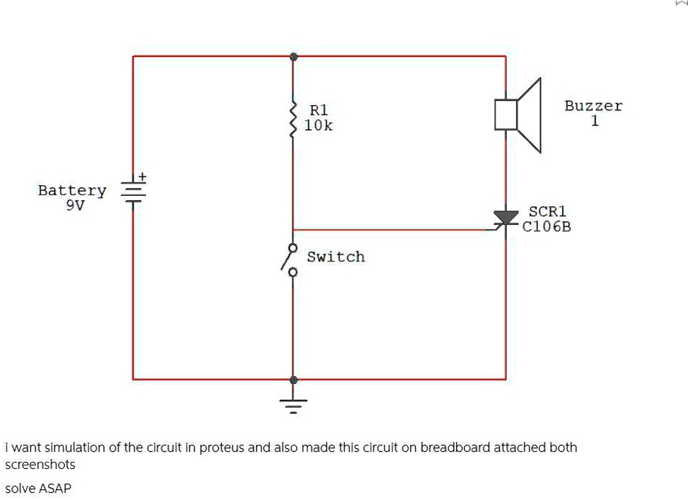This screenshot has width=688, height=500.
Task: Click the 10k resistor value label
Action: click(x=318, y=126)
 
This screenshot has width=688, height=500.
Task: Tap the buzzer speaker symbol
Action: click(x=518, y=115)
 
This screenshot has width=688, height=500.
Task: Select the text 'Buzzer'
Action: click(x=593, y=106)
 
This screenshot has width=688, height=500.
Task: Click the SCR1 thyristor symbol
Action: click(x=506, y=218)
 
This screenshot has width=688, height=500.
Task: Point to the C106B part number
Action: click(x=547, y=228)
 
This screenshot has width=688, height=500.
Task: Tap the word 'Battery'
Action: click(x=72, y=191)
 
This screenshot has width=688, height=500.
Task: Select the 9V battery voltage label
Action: click(x=75, y=205)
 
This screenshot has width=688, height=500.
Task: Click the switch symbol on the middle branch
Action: click(x=291, y=259)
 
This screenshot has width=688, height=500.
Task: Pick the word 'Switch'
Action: click(x=336, y=257)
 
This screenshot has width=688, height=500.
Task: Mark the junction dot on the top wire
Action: click(x=293, y=55)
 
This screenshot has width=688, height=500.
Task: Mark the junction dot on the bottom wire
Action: click(x=293, y=379)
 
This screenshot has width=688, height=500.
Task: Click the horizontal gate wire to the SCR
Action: click(x=396, y=230)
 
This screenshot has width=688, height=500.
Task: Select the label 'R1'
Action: click(x=318, y=110)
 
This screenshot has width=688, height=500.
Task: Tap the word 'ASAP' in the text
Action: click(x=55, y=488)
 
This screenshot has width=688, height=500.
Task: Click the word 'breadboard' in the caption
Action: click(x=455, y=447)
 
